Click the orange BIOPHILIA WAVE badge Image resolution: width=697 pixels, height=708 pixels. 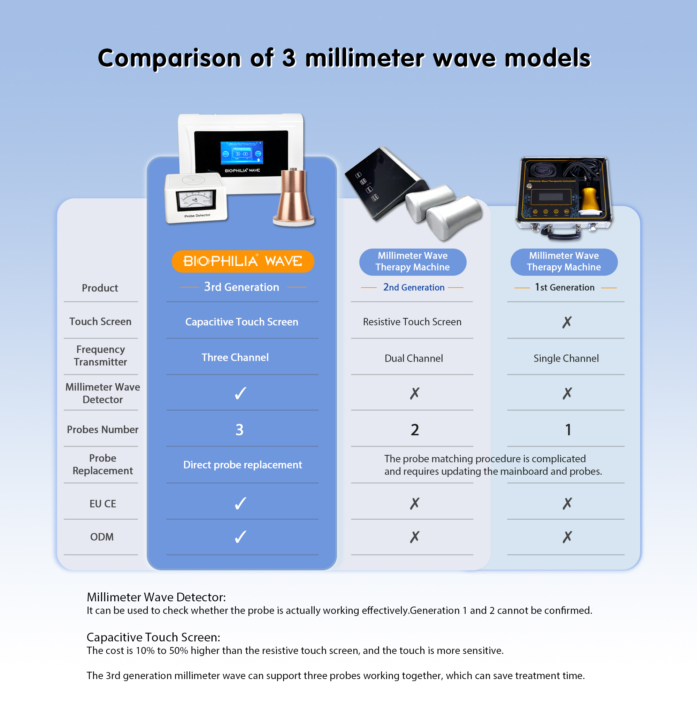pyautogui.click(x=243, y=261)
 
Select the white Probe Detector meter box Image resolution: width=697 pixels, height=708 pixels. pyautogui.click(x=196, y=198)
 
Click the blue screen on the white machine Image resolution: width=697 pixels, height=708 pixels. pyautogui.click(x=242, y=153)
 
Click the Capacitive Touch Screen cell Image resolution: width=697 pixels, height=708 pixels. pyautogui.click(x=242, y=322)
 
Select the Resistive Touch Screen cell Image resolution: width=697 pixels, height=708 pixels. pyautogui.click(x=412, y=322)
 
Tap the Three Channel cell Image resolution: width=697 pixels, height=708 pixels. pyautogui.click(x=235, y=357)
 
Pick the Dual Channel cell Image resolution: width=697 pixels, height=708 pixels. pyautogui.click(x=414, y=358)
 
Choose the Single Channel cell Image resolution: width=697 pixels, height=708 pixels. pyautogui.click(x=566, y=358)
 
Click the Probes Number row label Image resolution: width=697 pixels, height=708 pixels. pyautogui.click(x=102, y=429)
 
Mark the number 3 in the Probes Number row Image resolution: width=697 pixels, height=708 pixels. pyautogui.click(x=239, y=430)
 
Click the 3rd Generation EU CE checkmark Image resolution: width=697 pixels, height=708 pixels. pyautogui.click(x=240, y=503)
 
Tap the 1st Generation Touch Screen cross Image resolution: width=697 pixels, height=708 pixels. pyautogui.click(x=567, y=322)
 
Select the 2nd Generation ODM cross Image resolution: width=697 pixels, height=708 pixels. pyautogui.click(x=414, y=537)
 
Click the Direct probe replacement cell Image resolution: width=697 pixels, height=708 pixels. pyautogui.click(x=242, y=465)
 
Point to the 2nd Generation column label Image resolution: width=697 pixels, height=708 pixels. pyautogui.click(x=414, y=287)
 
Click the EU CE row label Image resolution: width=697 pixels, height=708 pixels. pyautogui.click(x=102, y=504)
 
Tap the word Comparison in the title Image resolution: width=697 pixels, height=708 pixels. pyautogui.click(x=169, y=59)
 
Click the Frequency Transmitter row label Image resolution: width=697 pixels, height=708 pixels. pyautogui.click(x=101, y=356)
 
